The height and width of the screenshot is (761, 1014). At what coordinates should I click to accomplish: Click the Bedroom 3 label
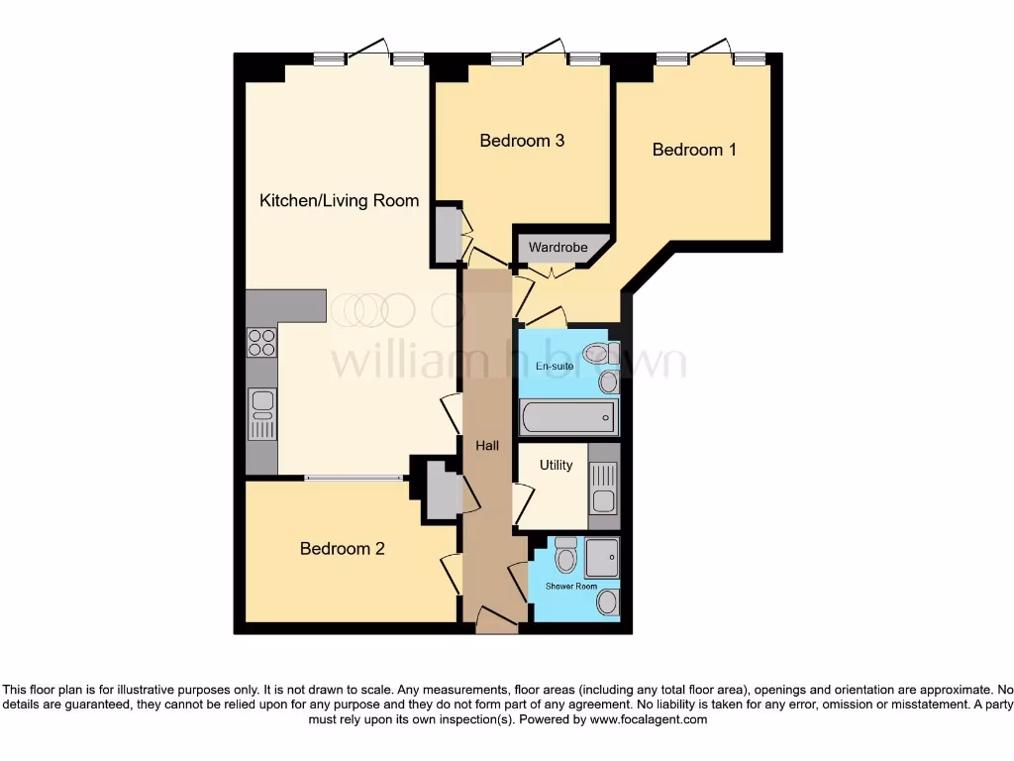point(522,141)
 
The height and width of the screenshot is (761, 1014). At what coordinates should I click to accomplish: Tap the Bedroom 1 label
point(694,150)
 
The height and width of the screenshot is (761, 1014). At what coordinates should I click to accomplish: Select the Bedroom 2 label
point(342,548)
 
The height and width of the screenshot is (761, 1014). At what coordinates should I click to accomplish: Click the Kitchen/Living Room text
point(339,200)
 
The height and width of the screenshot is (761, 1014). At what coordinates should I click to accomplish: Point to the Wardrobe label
point(558,247)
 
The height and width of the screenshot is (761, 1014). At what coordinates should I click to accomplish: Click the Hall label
point(487,447)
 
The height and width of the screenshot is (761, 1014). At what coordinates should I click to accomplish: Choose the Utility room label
point(556,465)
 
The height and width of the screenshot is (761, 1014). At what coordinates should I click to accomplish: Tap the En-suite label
point(556,367)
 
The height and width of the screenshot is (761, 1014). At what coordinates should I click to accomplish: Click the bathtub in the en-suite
point(568,417)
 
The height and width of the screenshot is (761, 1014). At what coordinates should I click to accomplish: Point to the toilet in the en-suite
point(598,352)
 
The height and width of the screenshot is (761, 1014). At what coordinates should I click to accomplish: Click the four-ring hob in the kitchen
point(261,342)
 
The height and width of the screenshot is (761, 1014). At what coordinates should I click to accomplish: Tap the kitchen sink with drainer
point(261,414)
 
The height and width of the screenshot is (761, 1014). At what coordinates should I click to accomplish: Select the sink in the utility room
point(603,489)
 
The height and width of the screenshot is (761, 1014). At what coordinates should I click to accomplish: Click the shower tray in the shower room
point(601,556)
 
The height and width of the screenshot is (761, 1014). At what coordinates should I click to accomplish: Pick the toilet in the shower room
point(565,557)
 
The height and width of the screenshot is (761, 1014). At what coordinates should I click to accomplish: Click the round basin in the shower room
point(607,601)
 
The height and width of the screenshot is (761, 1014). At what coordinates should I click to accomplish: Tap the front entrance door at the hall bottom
point(496,622)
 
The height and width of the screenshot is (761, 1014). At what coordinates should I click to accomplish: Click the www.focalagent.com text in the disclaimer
point(649,720)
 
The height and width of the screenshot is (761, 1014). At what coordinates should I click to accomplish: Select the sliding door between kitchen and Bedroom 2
point(354,478)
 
